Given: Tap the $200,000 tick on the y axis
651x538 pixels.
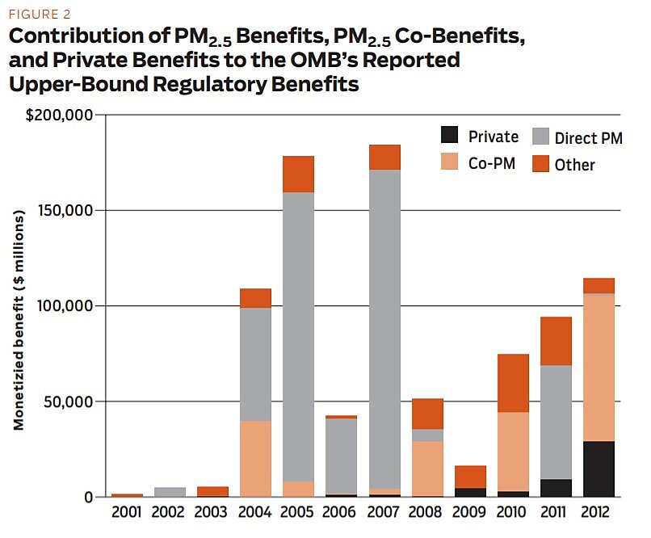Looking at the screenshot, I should tap(61, 115).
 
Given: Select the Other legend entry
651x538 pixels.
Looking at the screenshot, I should tap(574, 165).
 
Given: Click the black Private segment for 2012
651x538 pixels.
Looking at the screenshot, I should tap(598, 469).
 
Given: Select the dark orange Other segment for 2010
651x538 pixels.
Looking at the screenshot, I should tap(513, 383).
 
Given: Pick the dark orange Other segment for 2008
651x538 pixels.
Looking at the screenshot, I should tap(426, 414).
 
